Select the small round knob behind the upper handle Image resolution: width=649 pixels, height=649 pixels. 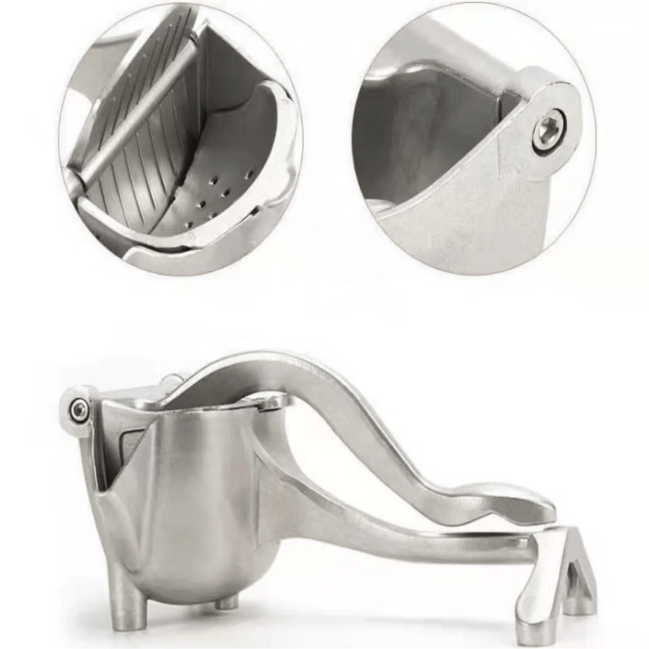click(173, 382)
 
